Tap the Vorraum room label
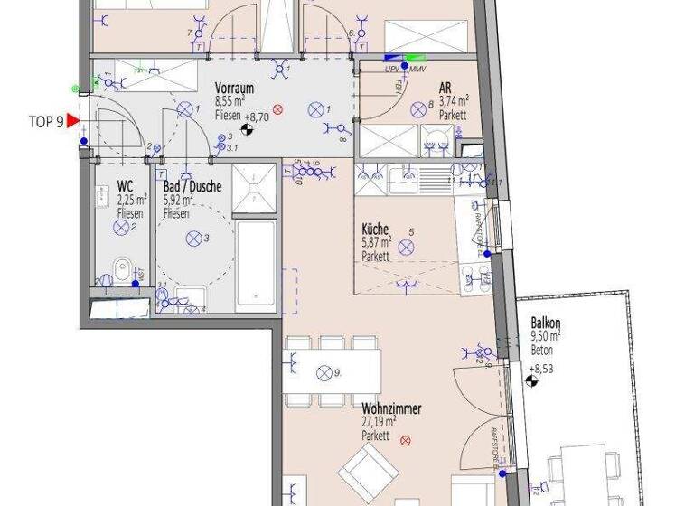tap(233, 89)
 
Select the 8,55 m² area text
tap(231, 102)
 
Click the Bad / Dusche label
tap(192, 188)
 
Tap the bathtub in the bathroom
tap(253, 264)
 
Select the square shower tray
tap(254, 188)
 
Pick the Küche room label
tap(376, 230)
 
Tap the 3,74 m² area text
tap(453, 101)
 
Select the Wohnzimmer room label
tap(391, 408)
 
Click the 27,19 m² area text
tap(379, 421)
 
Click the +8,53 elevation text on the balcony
tap(542, 369)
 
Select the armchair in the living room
tap(365, 470)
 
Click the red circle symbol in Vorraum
tap(278, 110)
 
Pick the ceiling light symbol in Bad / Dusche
tap(192, 239)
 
